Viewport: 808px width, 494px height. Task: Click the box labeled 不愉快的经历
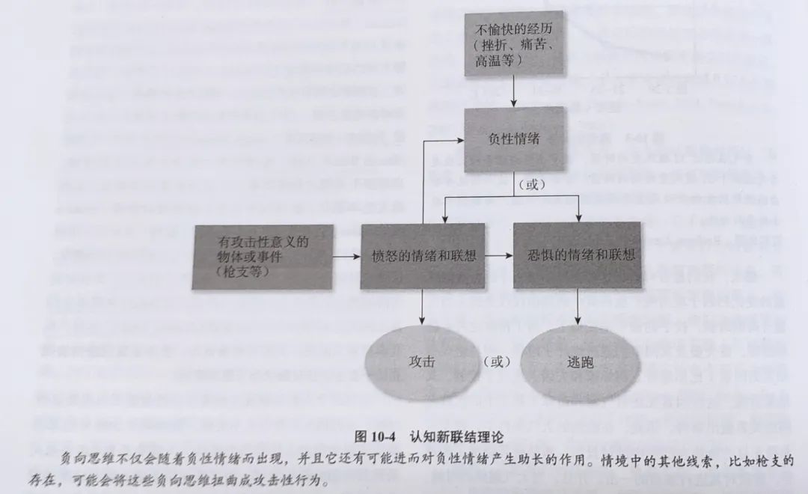514,44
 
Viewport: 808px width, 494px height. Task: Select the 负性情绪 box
514,139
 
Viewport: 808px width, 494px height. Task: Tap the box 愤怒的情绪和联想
423,256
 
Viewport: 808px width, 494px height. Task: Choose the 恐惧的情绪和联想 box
577,255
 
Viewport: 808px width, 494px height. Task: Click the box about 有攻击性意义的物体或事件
263,257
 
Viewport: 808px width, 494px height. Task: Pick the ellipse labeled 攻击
422,362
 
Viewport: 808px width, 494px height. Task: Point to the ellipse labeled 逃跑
581,363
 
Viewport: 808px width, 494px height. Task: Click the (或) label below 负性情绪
531,184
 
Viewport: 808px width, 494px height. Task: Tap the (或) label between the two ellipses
497,362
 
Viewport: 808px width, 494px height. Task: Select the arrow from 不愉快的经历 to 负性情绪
514,92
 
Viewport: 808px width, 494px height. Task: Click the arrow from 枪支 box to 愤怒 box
347,256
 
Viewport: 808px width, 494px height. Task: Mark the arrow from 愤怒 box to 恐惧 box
499,255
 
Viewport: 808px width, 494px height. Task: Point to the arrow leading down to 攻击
423,307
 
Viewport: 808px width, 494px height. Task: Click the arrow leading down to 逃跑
578,307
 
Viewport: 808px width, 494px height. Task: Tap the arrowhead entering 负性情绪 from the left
461,140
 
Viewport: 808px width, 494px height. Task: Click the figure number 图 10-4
375,437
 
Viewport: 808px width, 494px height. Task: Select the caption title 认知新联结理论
456,437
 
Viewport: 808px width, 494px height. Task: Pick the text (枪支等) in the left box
242,272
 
